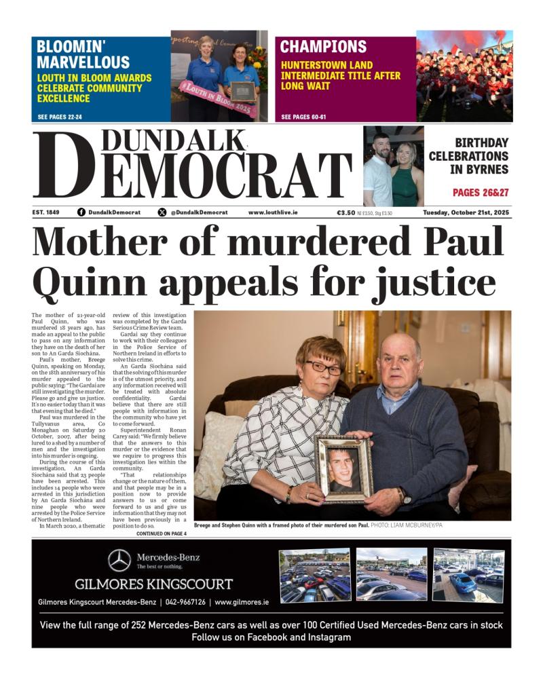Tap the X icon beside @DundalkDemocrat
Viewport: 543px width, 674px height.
tap(162, 212)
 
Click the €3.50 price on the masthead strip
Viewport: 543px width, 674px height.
tap(346, 212)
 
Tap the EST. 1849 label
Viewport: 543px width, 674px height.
tap(45, 212)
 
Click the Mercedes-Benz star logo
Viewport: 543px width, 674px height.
tap(119, 560)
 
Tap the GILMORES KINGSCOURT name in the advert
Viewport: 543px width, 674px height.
tap(153, 584)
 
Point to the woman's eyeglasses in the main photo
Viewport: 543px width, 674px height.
tap(323, 367)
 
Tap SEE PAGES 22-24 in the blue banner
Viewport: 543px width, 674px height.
tap(60, 117)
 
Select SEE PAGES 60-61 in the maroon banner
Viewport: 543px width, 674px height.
tap(303, 117)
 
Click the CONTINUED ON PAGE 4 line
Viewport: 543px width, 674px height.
tap(164, 534)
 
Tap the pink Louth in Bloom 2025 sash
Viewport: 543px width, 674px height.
tap(217, 98)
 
